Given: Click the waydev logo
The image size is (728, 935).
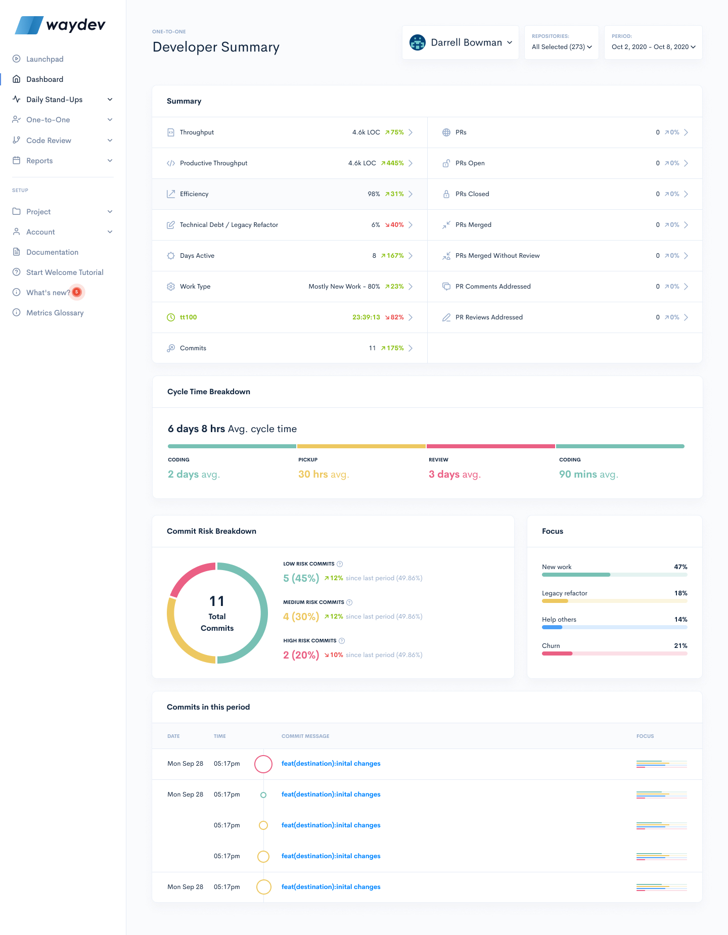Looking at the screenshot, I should [x=60, y=25].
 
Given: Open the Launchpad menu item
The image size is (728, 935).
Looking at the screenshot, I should [x=44, y=59].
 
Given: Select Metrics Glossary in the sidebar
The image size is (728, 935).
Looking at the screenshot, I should [x=55, y=313].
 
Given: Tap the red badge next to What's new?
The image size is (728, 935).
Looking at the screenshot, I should [x=77, y=292].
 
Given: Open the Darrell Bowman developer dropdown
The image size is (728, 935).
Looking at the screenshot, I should [x=461, y=43].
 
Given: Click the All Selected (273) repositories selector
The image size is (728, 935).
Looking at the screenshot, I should [x=561, y=46].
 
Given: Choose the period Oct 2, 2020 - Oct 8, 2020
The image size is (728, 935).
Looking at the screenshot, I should [x=653, y=46].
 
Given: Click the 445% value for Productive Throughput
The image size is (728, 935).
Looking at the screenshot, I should [x=394, y=163].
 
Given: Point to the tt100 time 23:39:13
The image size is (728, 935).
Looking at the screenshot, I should [x=366, y=317].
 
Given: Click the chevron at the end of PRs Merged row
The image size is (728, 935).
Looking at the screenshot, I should [x=686, y=225].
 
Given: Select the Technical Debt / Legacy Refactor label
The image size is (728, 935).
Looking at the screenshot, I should [x=229, y=225].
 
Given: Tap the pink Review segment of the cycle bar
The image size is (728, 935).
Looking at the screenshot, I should [x=490, y=446].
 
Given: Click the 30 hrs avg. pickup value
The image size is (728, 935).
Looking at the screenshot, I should [x=324, y=474].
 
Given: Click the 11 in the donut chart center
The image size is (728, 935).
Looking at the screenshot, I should [x=217, y=601].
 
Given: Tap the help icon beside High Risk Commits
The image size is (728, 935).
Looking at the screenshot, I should [x=342, y=641].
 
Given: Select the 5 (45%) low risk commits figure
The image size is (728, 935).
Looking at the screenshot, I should [x=301, y=578].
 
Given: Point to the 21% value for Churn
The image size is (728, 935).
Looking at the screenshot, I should [x=680, y=646].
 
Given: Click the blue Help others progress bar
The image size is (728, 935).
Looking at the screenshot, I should [x=552, y=627].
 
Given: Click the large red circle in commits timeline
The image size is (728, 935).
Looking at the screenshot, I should [x=263, y=764].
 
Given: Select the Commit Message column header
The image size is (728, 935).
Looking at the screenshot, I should [x=305, y=736].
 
